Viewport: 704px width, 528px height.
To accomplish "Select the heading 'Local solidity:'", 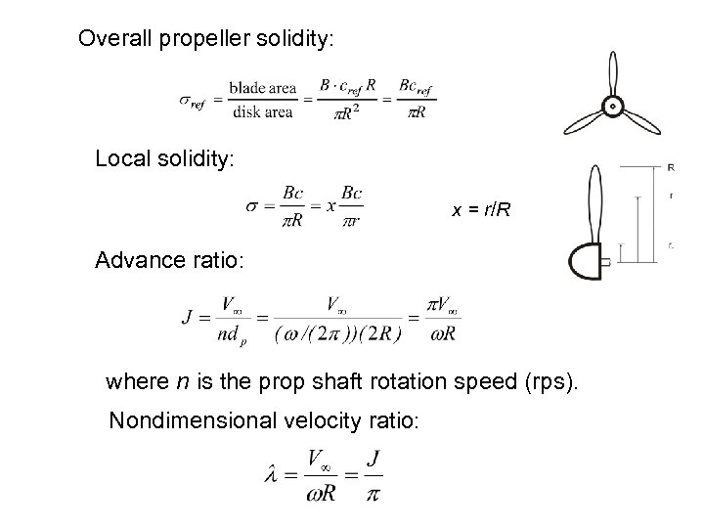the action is coord(164,158).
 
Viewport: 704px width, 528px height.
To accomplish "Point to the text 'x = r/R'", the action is coord(481,210).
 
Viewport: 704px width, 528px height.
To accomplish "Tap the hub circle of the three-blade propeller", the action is coord(612,105).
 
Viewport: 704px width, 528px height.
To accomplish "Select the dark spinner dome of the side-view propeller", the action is coord(584,261).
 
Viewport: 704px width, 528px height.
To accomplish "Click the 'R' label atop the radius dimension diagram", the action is coord(670,167).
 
